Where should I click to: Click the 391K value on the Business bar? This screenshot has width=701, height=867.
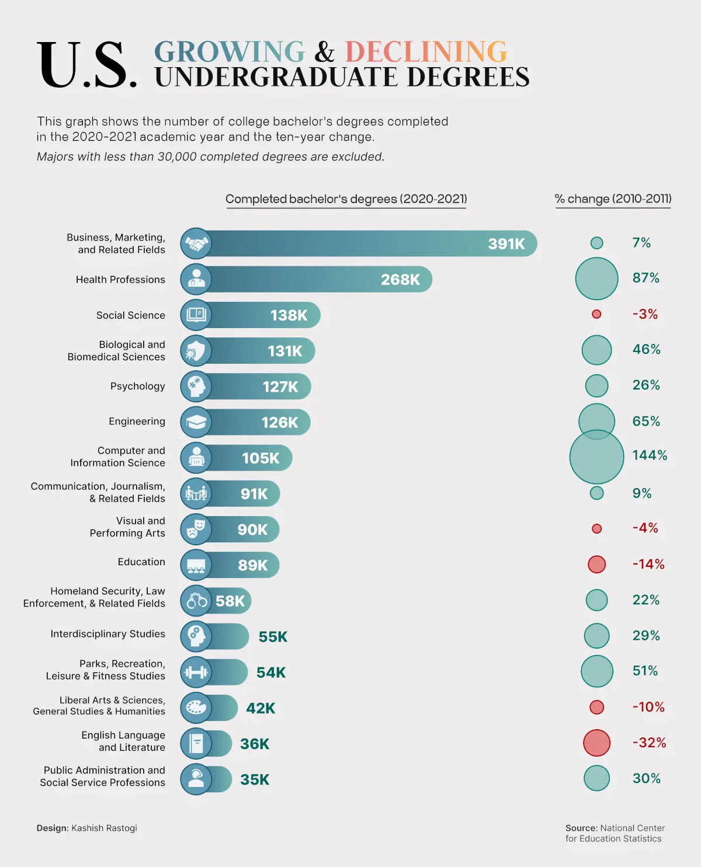[506, 244]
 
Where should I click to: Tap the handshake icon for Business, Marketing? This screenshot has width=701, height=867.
[196, 243]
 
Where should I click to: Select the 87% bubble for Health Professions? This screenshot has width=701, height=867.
[596, 278]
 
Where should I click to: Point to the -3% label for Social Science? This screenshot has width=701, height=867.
[645, 314]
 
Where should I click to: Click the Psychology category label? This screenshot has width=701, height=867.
[137, 387]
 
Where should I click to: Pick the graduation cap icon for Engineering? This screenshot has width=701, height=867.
[196, 422]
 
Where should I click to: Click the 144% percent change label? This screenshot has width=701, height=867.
[649, 455]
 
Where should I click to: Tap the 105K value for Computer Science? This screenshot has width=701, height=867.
[261, 458]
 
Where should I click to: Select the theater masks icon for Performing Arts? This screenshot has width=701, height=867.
[196, 530]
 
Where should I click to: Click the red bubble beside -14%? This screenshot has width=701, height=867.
[596, 565]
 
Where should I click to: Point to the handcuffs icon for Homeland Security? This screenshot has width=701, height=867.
[196, 601]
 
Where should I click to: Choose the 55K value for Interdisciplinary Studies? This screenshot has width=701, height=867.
[273, 637]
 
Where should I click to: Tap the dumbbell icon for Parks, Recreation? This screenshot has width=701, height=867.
[196, 672]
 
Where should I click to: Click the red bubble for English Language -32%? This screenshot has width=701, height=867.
[596, 743]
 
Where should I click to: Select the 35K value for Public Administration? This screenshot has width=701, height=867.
[255, 780]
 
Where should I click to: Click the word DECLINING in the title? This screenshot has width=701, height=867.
[426, 52]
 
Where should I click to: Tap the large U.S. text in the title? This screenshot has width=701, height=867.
[88, 65]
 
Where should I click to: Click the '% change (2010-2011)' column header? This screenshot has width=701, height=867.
[613, 199]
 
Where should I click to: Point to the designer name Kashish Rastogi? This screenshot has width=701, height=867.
[104, 828]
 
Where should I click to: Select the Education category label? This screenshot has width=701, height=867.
[141, 562]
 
